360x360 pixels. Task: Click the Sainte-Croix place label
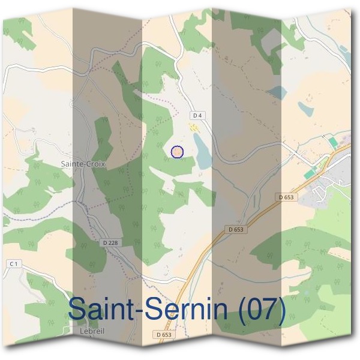(x=83, y=163)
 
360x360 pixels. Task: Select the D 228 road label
(x=110, y=242)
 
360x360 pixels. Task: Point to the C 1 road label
(x=14, y=263)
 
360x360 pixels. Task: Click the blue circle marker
(x=177, y=152)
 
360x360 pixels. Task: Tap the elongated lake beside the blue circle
(x=202, y=151)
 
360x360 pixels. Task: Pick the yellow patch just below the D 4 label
(x=193, y=127)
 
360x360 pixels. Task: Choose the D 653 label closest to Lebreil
(x=164, y=334)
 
